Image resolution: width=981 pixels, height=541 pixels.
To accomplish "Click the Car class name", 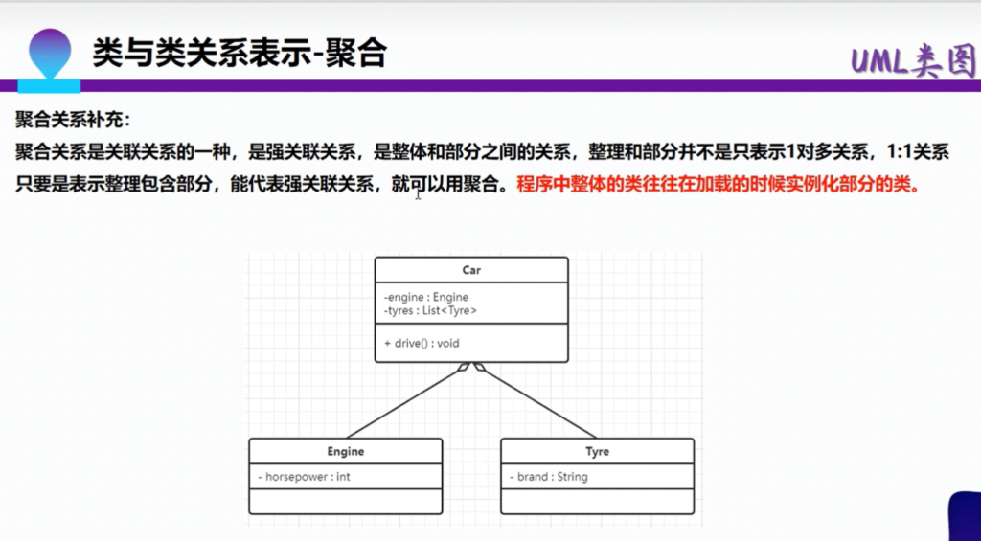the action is [x=471, y=270].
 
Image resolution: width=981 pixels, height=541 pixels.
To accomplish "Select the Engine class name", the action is [x=345, y=452].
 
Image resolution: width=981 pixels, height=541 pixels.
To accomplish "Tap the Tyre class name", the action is [x=597, y=452].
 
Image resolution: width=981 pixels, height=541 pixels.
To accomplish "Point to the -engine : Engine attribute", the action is [x=426, y=297].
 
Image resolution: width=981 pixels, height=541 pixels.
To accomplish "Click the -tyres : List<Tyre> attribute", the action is [x=430, y=309].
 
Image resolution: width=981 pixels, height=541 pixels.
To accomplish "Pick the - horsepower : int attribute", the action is [x=304, y=477].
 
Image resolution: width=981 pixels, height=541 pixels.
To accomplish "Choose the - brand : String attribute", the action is [x=549, y=477].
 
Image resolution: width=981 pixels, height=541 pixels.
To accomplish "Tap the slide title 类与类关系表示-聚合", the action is [x=240, y=54].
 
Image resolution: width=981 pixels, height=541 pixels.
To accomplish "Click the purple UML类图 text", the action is [x=914, y=62].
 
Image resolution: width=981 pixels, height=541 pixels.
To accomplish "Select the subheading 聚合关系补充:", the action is [x=73, y=119].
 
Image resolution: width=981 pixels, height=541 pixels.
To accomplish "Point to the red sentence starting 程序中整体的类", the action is [x=719, y=186].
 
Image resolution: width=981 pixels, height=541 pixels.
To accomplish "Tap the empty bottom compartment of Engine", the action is [x=345, y=502].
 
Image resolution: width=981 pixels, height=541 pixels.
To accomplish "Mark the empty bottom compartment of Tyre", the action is [x=597, y=502].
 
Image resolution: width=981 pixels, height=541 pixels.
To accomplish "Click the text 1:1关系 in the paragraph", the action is [x=918, y=151].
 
